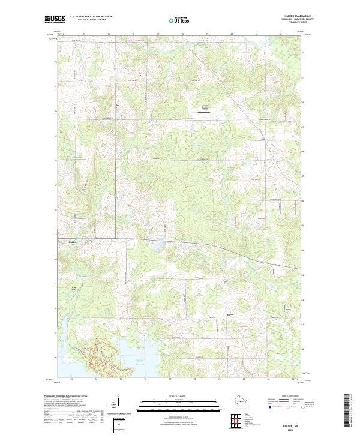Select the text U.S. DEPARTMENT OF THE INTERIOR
click(91, 17)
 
